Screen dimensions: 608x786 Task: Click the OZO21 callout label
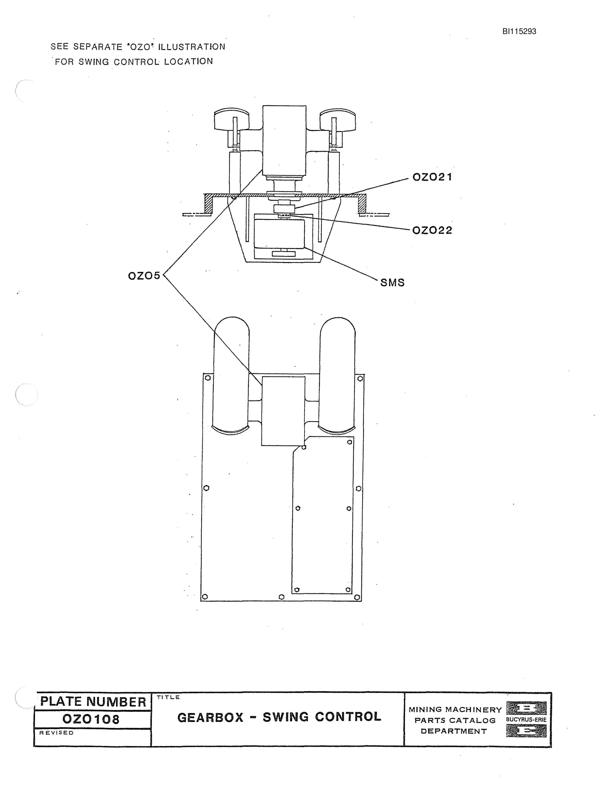432,177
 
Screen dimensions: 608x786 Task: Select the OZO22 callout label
432,230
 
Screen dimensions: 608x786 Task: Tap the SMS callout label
392,283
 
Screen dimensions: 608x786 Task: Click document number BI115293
519,31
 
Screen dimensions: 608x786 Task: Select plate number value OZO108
91,719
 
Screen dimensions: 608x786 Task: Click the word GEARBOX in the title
210,717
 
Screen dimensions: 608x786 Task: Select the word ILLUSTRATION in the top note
192,47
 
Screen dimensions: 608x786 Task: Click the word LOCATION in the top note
188,62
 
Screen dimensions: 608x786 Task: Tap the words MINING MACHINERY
455,709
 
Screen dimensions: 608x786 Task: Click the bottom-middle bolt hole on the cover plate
282,597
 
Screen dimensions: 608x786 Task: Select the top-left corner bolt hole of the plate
207,378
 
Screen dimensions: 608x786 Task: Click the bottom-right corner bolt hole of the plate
357,597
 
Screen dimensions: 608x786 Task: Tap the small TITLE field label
168,697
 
